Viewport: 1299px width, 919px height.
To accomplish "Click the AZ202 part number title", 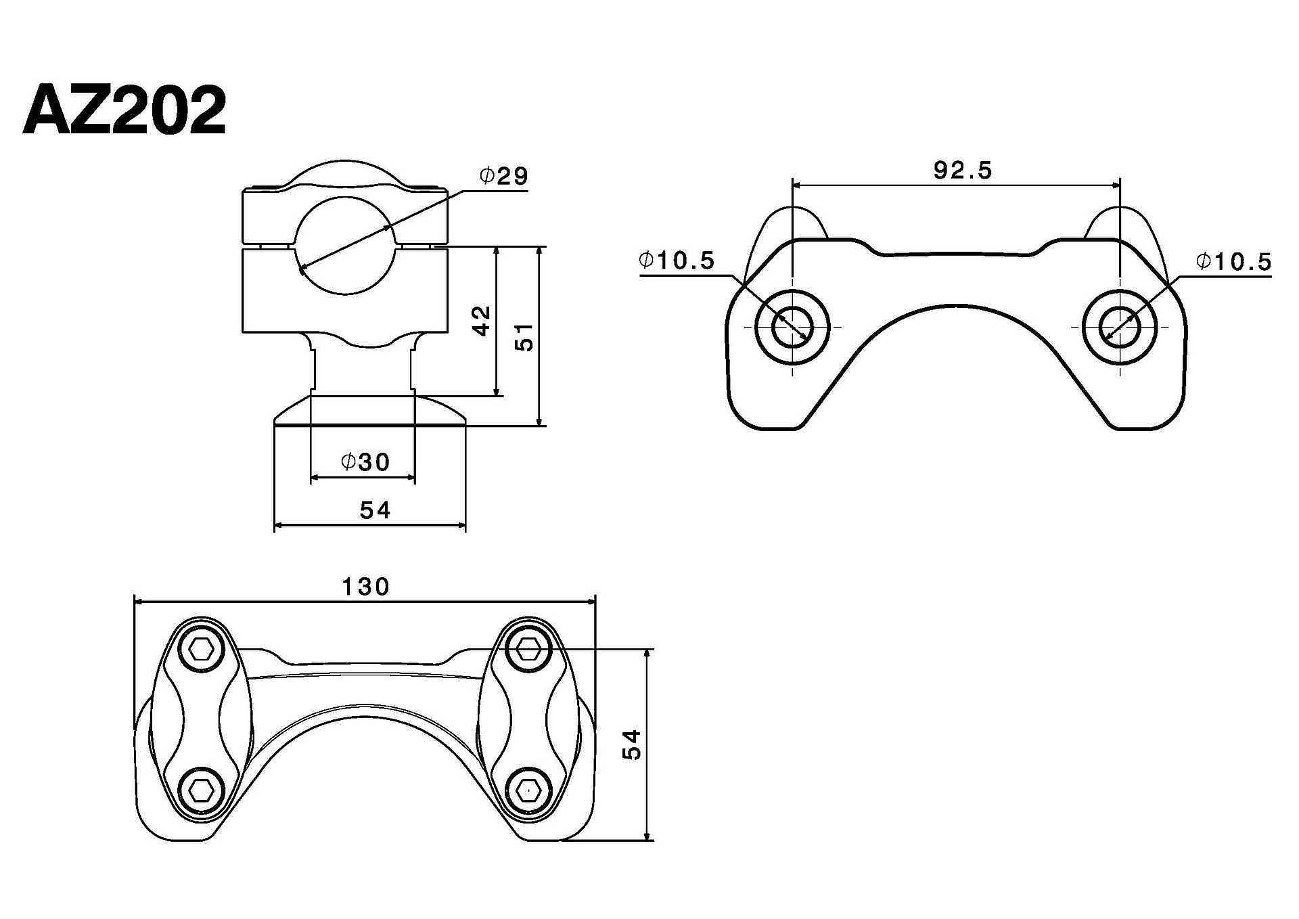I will point(124,110).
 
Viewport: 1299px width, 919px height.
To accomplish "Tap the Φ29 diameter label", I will point(504,176).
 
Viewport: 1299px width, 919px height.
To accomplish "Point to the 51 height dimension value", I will point(525,337).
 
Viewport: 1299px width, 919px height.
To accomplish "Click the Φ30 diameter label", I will point(366,462).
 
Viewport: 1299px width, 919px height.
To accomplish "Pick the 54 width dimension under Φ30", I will point(375,510).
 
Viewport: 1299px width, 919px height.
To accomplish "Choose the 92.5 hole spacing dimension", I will point(963,170).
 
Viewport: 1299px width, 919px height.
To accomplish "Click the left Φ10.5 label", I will point(677,260).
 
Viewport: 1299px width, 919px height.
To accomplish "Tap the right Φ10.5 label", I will point(1234,261).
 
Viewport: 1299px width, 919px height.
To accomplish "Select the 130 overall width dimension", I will point(365,587).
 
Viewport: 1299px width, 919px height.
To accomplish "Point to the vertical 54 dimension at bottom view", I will point(632,744).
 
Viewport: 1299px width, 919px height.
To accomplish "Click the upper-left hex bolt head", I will point(202,650).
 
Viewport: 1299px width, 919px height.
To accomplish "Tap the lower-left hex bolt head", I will point(202,789).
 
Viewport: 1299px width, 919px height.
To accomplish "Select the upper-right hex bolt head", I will point(528,650).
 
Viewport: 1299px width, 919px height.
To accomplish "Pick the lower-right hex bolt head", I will point(528,789).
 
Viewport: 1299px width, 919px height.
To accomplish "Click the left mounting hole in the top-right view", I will point(792,328).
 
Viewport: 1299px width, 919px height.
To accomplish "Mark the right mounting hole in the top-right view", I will point(1120,328).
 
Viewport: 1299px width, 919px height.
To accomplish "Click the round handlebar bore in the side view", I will point(344,246).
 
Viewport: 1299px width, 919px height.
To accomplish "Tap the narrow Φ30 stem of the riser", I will point(362,369).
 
